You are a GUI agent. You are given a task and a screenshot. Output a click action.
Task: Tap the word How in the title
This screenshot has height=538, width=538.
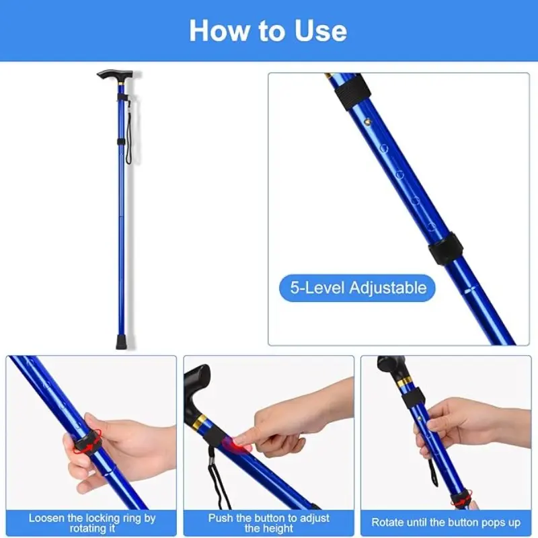pyautogui.click(x=219, y=30)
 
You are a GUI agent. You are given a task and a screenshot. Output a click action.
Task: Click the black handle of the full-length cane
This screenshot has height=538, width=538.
pyautogui.click(x=114, y=75)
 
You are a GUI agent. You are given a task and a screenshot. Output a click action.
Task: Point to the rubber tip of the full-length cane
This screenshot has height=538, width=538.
pyautogui.click(x=121, y=343)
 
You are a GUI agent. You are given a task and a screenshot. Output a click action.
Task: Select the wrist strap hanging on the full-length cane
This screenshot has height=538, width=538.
pyautogui.click(x=129, y=132)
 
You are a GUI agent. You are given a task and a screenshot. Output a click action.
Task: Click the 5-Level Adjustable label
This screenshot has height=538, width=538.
pyautogui.click(x=357, y=288)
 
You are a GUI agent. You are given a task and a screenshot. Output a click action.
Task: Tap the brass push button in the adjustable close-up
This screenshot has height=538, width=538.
pyautogui.click(x=368, y=121)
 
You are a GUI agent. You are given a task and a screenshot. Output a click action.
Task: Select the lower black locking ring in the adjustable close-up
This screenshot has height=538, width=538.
pyautogui.click(x=446, y=248)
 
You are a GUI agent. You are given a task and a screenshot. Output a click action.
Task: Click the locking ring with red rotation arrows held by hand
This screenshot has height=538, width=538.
pyautogui.click(x=88, y=443)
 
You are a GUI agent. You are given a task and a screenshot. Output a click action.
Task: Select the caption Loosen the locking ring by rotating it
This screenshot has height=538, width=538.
pyautogui.click(x=92, y=523)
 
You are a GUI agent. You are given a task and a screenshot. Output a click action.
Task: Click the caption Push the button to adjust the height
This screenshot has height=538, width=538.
pyautogui.click(x=268, y=523)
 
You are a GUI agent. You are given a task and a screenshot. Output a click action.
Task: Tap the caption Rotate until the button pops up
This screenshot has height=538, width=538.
pyautogui.click(x=446, y=523)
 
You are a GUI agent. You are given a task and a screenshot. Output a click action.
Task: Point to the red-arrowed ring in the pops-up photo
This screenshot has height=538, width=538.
pyautogui.click(x=461, y=498)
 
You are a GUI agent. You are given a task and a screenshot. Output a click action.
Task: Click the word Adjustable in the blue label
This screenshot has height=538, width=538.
pyautogui.click(x=388, y=288)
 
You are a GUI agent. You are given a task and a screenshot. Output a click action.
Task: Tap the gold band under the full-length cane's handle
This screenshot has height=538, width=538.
pyautogui.click(x=121, y=83)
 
